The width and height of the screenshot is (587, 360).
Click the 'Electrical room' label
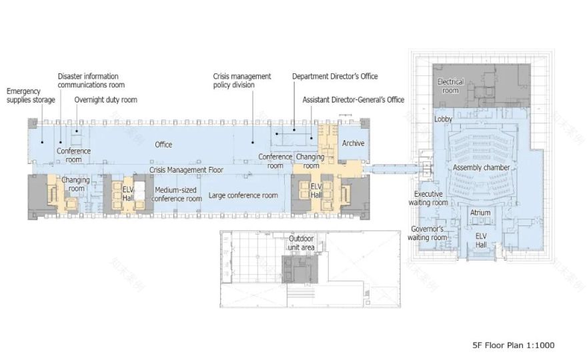click(x=450, y=86)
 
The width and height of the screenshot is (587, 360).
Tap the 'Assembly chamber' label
click(x=481, y=167)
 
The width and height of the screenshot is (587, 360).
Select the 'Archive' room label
click(x=353, y=143)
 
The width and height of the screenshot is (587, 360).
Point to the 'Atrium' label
click(x=480, y=213)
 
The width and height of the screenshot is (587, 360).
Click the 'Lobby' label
click(x=444, y=119)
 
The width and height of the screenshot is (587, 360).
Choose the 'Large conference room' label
click(x=243, y=195)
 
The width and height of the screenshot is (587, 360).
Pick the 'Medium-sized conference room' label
click(x=177, y=194)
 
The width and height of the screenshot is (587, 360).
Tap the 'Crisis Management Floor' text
click(x=186, y=170)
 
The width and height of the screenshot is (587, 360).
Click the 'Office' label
click(x=163, y=144)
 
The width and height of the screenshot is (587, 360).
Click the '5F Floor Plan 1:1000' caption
click(x=512, y=345)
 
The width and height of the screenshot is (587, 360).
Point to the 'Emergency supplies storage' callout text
click(x=31, y=95)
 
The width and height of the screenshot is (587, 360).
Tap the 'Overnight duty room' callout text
click(x=105, y=100)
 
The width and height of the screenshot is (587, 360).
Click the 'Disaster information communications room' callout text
click(x=91, y=81)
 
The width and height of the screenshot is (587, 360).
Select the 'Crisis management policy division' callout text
click(x=242, y=81)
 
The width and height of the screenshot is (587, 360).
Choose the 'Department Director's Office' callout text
click(x=335, y=77)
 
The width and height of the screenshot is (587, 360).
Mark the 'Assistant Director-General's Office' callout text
click(x=354, y=100)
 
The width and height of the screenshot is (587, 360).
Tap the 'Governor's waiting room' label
click(x=427, y=233)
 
